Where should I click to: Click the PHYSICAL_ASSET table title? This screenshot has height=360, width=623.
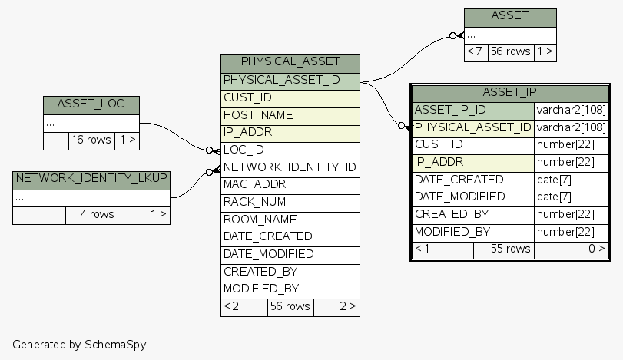coord(290,62)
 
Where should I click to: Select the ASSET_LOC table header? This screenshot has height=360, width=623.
coord(91,104)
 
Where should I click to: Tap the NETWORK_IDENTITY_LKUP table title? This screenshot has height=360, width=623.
coord(91,179)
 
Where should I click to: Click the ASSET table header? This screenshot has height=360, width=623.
coord(509,16)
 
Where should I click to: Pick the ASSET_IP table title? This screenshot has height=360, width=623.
coord(509,92)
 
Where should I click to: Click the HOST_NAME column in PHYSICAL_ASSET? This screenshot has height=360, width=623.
coord(290,115)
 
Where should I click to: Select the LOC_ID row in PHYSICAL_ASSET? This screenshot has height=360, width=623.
coord(290,150)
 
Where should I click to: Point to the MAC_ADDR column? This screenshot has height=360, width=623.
coord(290,184)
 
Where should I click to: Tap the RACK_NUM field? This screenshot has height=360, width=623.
coord(290,202)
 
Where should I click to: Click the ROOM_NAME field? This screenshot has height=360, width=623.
coord(290,220)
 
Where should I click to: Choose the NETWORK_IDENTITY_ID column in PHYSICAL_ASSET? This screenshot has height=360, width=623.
coord(290,167)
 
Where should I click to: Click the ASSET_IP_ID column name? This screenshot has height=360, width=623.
coord(473,111)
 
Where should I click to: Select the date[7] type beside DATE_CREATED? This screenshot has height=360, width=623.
coord(570,180)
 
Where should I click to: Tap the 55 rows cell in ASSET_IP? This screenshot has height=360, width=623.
coord(503,249)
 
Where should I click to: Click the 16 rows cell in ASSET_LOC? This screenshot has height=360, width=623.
coord(91,140)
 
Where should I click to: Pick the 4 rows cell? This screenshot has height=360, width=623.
coord(91,214)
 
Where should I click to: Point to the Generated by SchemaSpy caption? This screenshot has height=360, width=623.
coord(79,345)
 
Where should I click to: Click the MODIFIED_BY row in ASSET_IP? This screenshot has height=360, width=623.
coord(473,232)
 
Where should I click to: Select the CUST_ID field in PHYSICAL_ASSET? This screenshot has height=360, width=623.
coord(290,97)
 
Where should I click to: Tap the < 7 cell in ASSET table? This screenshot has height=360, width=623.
coord(476,52)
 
